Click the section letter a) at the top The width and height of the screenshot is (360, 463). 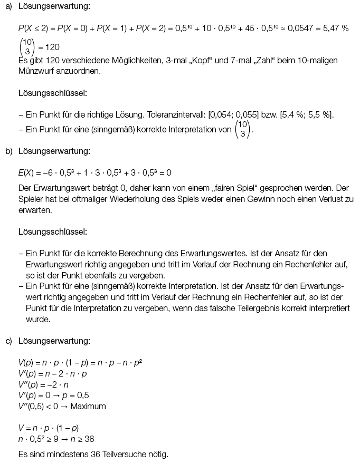8,7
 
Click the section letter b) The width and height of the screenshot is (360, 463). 8,151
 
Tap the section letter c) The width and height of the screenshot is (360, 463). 8,341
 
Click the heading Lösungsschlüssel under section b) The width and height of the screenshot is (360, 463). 53,231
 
